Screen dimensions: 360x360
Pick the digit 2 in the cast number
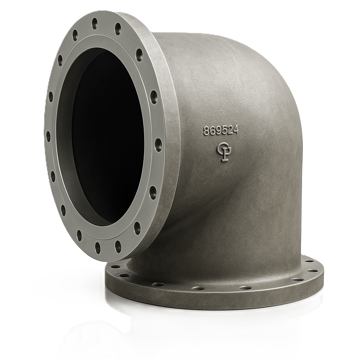231,131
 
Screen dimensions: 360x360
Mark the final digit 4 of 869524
236,131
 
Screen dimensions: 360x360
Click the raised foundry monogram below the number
224,152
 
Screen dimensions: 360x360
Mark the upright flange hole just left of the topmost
75,34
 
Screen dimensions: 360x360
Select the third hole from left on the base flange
157,284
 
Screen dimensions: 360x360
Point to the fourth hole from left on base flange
198,288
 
